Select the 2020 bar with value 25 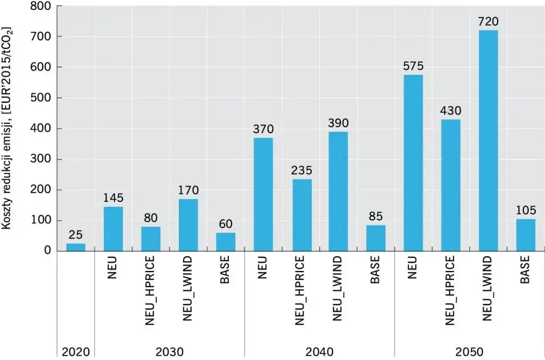pos(76,247)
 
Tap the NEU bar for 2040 pos(263,194)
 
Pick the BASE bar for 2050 pos(525,235)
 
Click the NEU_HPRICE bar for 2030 pos(150,238)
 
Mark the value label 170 pos(188,191)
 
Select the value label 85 pos(376,217)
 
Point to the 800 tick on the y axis pos(41,7)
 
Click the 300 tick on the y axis pos(41,159)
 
